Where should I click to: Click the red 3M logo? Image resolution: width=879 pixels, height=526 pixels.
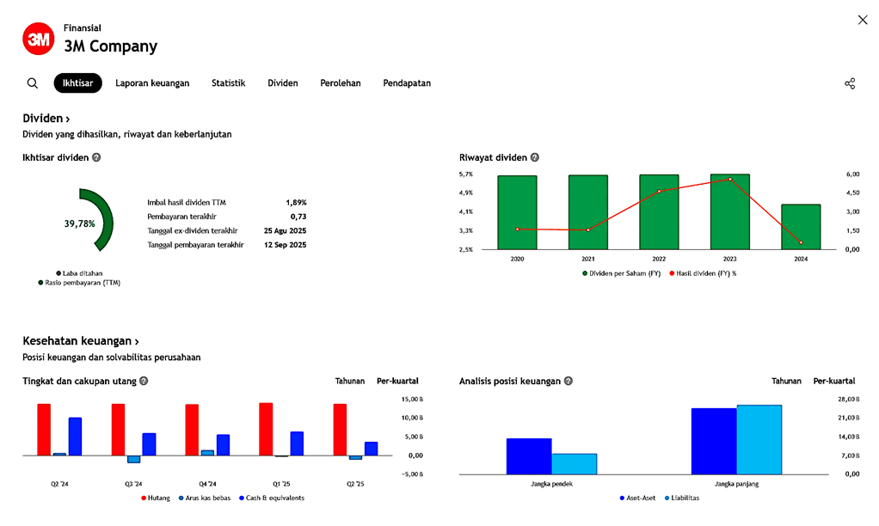38,39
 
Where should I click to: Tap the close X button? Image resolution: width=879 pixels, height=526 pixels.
863,20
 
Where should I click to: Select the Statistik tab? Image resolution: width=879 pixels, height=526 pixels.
228,83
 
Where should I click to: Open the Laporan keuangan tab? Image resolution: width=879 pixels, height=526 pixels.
152,83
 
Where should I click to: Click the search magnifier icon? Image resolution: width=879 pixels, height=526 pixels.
33,83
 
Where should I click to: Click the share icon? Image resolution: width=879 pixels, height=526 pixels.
850,83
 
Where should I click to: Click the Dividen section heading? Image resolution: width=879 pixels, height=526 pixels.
46,119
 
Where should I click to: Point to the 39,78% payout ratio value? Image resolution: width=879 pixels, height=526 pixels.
79,223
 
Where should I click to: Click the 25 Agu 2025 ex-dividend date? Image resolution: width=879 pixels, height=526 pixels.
285,230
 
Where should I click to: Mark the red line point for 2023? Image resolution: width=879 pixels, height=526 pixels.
730,180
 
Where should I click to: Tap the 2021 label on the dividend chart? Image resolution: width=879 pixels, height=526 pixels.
588,259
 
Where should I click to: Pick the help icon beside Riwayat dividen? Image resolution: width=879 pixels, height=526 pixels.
535,158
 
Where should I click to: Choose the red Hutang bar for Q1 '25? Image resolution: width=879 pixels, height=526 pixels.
266,429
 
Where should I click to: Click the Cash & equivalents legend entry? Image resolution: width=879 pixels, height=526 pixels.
274,498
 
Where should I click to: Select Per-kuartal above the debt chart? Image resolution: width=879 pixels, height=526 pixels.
397,381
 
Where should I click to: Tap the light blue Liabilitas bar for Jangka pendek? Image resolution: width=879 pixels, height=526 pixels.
575,463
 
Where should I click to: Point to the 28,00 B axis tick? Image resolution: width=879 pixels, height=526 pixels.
849,400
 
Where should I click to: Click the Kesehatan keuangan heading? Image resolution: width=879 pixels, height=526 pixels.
80,341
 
